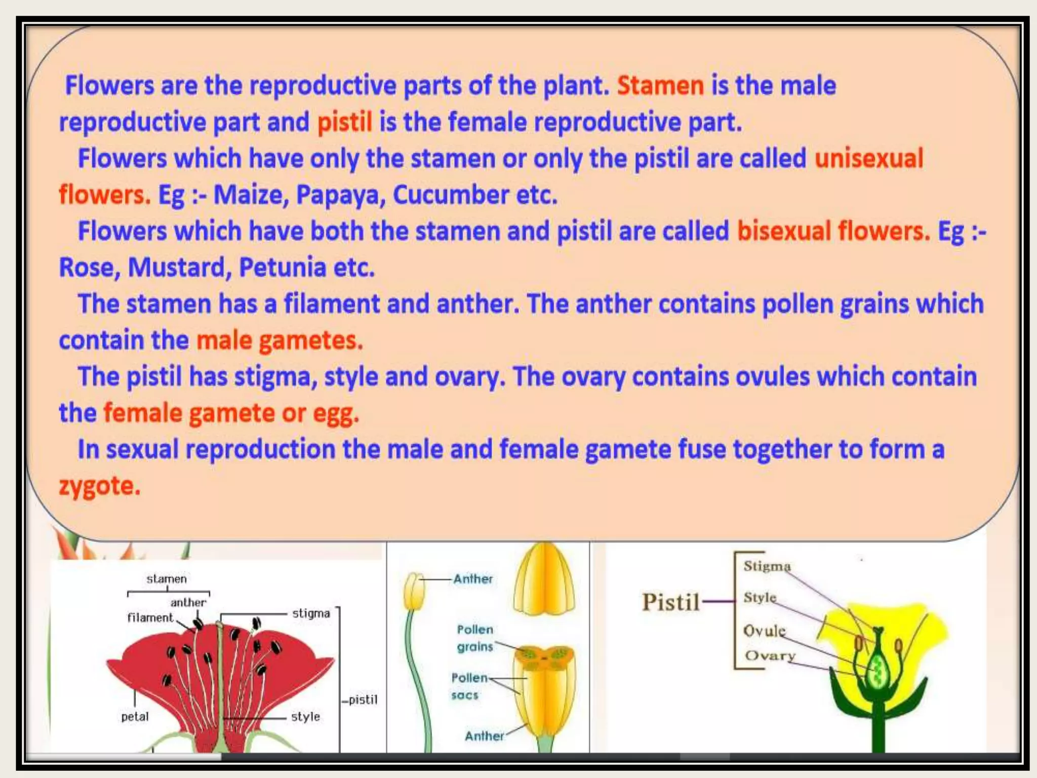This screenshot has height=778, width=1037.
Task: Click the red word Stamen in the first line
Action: (x=660, y=86)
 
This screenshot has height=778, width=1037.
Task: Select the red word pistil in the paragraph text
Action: (x=344, y=123)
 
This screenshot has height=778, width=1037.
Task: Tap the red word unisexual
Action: (x=868, y=159)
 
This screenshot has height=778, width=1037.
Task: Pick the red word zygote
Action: (x=99, y=486)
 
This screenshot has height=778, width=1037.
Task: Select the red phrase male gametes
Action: (x=280, y=340)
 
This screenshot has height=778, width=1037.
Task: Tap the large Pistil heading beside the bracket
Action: (x=670, y=602)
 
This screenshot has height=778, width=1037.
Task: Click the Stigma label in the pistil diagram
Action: (x=766, y=566)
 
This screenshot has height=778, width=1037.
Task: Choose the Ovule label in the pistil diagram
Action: (x=764, y=631)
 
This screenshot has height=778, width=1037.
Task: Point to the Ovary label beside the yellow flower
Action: (x=769, y=656)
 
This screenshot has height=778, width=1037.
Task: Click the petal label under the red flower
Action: (x=135, y=717)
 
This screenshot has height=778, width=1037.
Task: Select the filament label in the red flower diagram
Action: (x=150, y=618)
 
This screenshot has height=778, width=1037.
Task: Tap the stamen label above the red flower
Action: (x=167, y=579)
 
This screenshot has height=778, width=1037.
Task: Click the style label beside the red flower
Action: (x=305, y=717)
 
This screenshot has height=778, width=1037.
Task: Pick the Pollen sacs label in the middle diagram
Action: (x=468, y=686)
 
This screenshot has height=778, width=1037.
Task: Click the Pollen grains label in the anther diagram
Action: (x=474, y=638)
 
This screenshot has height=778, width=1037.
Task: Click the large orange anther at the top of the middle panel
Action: (x=544, y=580)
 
